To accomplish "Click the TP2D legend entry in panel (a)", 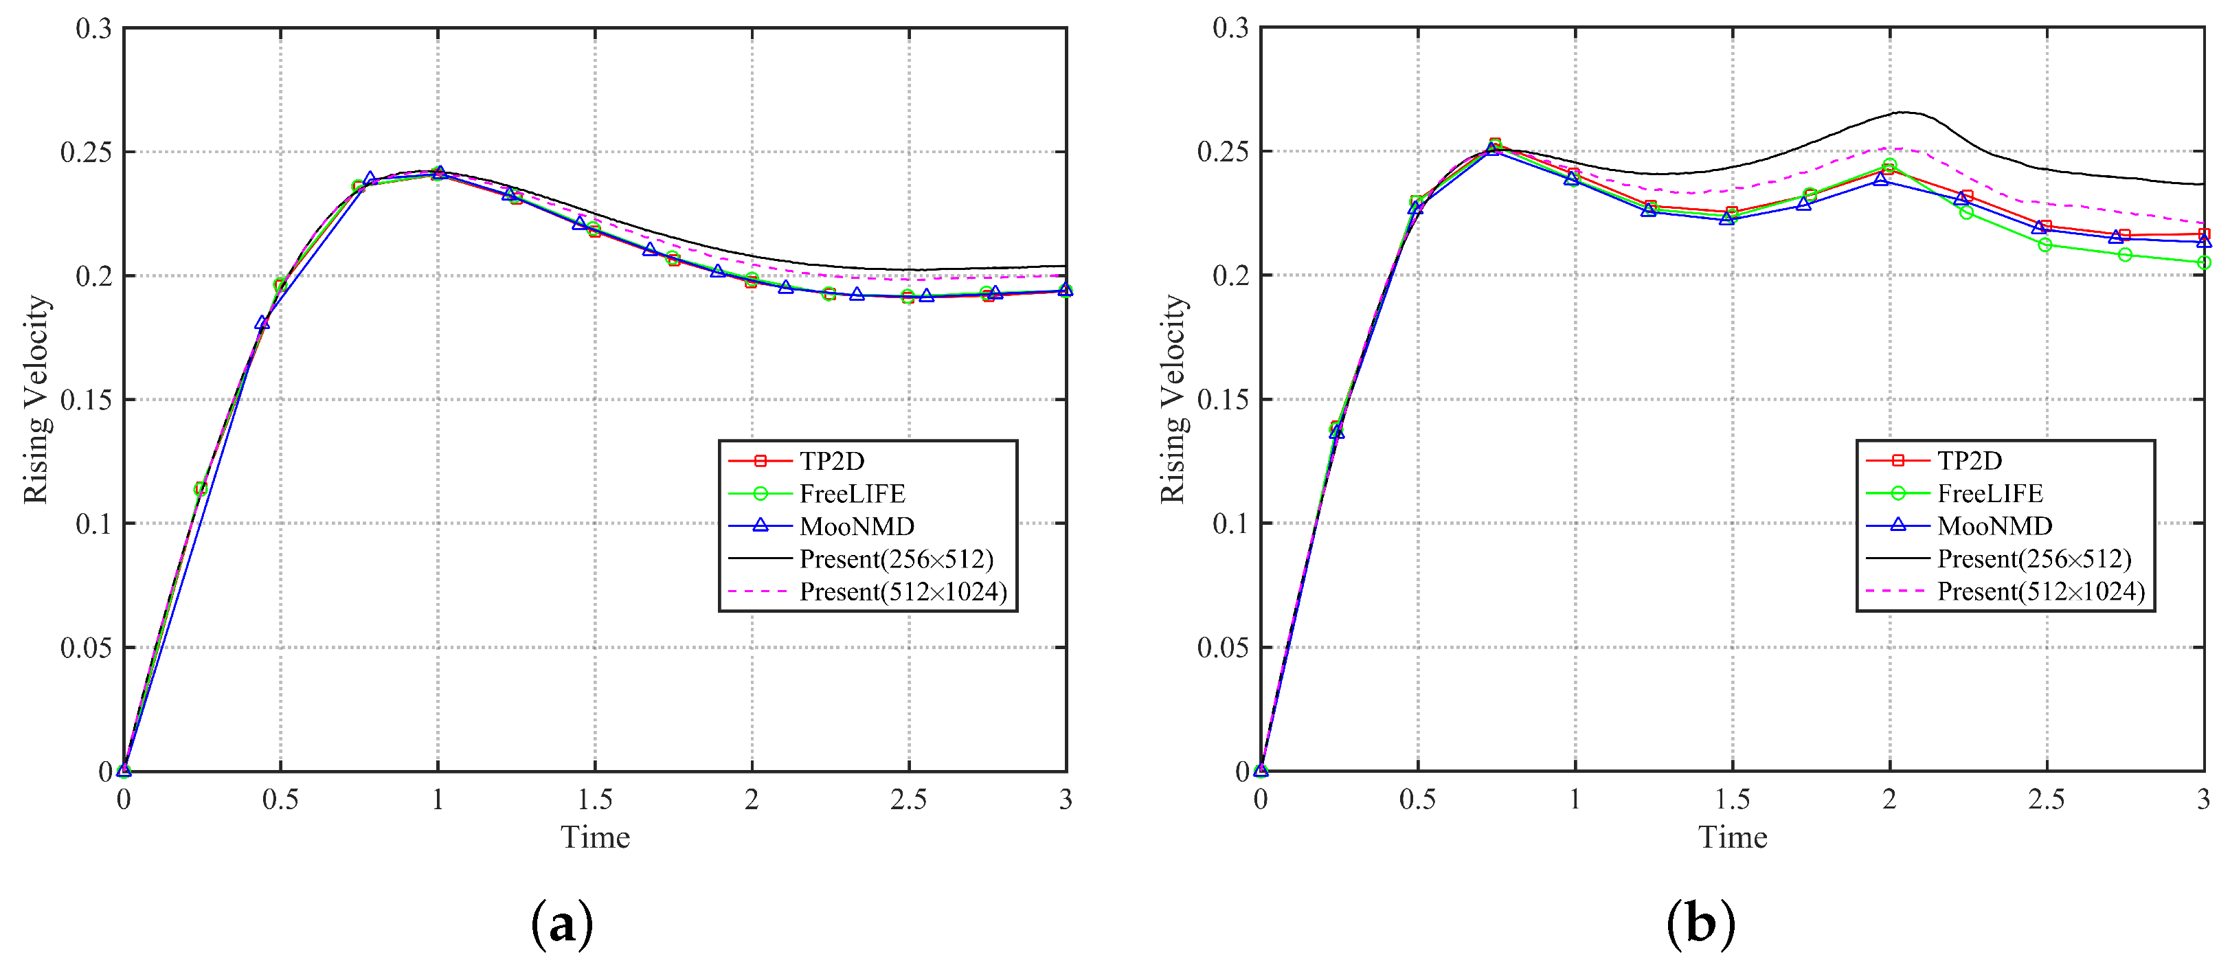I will (x=831, y=461).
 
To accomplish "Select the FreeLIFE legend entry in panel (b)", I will (x=1990, y=493).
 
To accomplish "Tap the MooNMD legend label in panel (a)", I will (x=856, y=526).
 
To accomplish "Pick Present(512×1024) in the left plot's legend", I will (x=902, y=591).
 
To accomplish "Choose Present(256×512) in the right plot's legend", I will (x=2034, y=558).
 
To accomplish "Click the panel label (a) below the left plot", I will (x=562, y=924).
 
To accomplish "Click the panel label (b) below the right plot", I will (x=1700, y=924).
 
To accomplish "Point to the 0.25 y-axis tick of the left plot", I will (x=86, y=152).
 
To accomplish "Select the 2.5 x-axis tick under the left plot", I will (x=908, y=799).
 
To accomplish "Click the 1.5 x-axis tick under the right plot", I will (x=1731, y=799).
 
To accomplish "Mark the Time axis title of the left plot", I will (x=595, y=837).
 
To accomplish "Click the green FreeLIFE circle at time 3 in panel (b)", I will (x=2203, y=262).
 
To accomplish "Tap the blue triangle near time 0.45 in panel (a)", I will (x=262, y=323).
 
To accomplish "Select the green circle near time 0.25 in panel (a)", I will (x=200, y=489).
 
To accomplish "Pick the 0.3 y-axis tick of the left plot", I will (x=93, y=29).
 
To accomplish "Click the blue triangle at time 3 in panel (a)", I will (x=1066, y=290).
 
